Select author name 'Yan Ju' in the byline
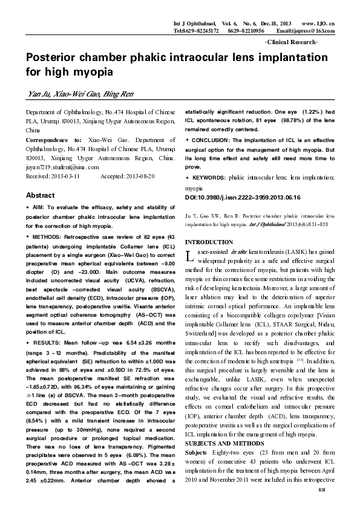pyautogui.click(x=38, y=94)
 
